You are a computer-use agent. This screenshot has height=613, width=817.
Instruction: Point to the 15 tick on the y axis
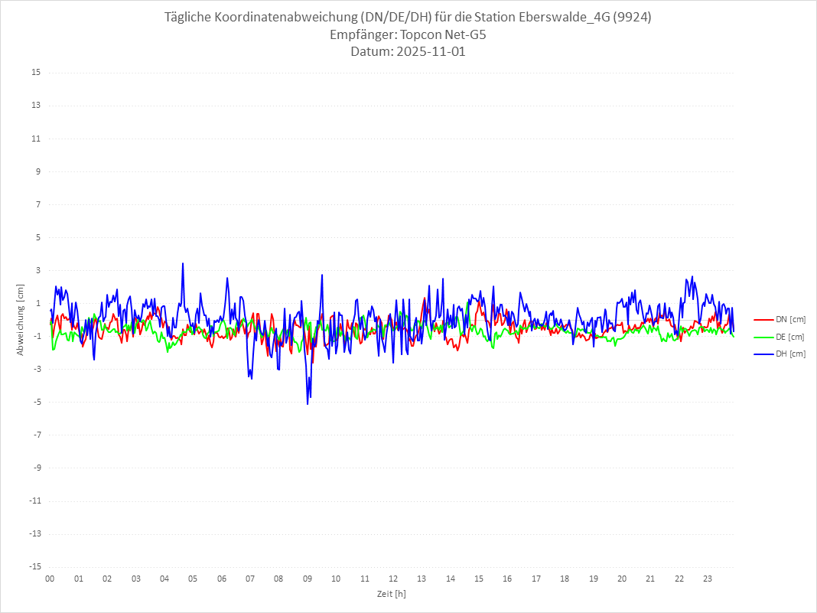pyautogui.click(x=36, y=73)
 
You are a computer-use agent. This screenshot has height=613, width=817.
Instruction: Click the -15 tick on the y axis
pyautogui.click(x=34, y=567)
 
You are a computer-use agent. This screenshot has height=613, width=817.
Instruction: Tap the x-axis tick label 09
pyautogui.click(x=308, y=579)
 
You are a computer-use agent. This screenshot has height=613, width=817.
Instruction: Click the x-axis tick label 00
pyautogui.click(x=50, y=579)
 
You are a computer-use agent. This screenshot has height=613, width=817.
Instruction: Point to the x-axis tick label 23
pyautogui.click(x=708, y=579)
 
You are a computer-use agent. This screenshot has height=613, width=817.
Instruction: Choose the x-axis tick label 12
pyautogui.click(x=393, y=579)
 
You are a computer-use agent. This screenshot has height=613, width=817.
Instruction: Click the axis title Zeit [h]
pyautogui.click(x=392, y=593)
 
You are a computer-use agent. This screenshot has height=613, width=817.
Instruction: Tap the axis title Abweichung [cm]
pyautogui.click(x=21, y=320)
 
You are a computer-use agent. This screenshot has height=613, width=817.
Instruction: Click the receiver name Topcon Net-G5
pyautogui.click(x=438, y=35)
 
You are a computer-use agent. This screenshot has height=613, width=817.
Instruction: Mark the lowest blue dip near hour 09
pyautogui.click(x=308, y=403)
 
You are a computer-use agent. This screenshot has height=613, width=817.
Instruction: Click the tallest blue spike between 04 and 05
pyautogui.click(x=183, y=263)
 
